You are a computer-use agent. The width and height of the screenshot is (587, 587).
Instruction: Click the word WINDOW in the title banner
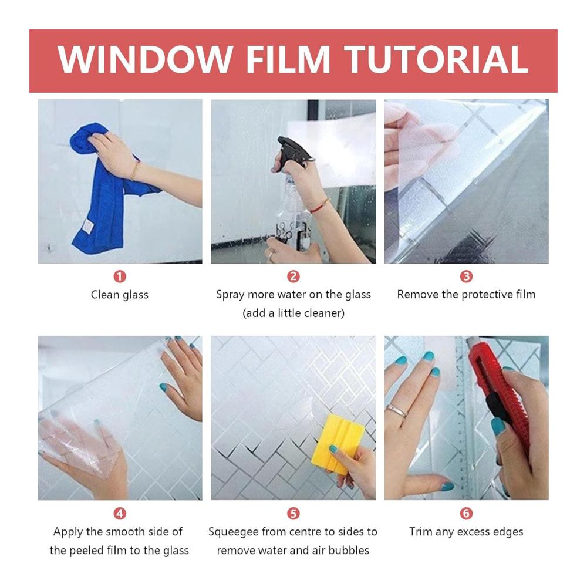[x=145, y=59]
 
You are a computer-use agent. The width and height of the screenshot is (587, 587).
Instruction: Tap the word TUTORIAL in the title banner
[x=436, y=59]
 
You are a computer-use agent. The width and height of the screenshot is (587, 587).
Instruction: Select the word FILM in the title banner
[x=288, y=59]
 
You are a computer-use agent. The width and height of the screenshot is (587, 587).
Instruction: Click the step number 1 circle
[x=120, y=276]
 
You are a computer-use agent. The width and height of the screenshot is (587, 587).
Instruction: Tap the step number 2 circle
[x=293, y=276]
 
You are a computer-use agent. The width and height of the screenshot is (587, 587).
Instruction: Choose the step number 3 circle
[x=466, y=276]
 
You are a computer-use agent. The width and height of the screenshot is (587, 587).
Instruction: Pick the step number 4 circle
[x=120, y=513]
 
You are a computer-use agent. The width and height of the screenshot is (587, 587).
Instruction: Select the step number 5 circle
[x=293, y=513]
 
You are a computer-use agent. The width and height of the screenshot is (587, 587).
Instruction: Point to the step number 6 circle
[x=466, y=513]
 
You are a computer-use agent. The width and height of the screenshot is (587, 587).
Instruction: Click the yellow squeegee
[x=337, y=444]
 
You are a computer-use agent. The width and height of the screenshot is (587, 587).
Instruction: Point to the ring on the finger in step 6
[x=396, y=411]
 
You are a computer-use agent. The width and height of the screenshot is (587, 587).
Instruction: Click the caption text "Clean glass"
[x=120, y=295]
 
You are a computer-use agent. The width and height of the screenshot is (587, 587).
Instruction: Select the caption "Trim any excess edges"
[x=466, y=532]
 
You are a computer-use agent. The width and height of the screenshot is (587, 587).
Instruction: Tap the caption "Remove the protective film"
[x=466, y=295]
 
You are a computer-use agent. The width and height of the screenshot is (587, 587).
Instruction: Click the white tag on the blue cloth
[x=87, y=227]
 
